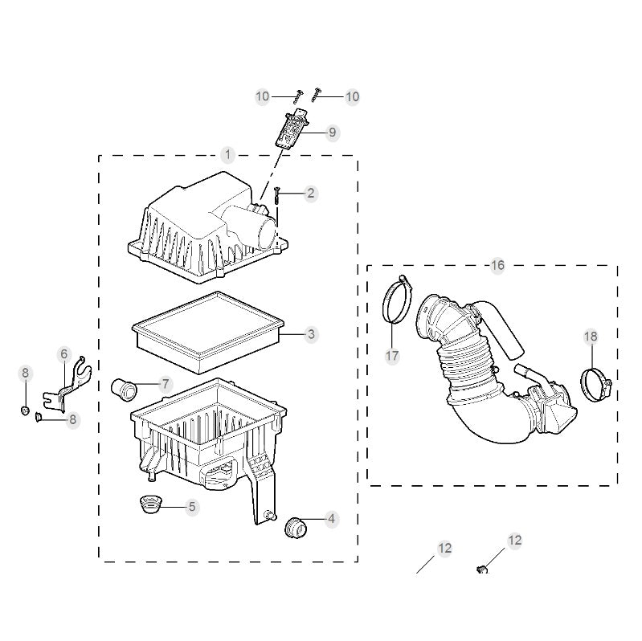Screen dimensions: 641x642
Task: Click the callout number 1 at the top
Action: [228, 153]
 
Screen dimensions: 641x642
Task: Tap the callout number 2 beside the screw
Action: [311, 193]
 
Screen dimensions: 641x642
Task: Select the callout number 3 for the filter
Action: [311, 334]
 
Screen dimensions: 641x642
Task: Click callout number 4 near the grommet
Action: [331, 520]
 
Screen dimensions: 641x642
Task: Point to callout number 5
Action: [191, 506]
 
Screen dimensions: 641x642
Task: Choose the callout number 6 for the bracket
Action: [64, 353]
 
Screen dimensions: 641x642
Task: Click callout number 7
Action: [166, 384]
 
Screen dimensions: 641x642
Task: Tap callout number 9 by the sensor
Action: [332, 133]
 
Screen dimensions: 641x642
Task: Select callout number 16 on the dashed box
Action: [497, 266]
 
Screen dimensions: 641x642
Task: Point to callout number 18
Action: [591, 337]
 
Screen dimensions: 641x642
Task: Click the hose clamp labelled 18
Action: [597, 383]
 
